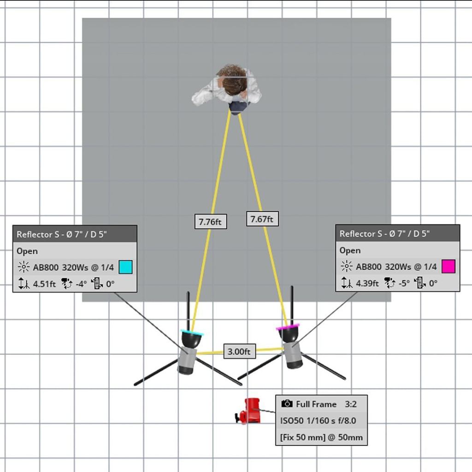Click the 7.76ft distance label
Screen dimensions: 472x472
coord(210,222)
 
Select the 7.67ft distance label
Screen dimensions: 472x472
coord(262,219)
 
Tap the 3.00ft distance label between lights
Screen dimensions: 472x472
coord(240,352)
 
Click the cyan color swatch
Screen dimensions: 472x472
coord(125,267)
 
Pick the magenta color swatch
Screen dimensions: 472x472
coord(448,266)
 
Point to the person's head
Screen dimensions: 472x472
coord(233,80)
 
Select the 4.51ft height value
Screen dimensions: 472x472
coord(44,284)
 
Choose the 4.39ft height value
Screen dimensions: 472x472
coord(367,283)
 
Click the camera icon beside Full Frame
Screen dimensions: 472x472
coord(287,404)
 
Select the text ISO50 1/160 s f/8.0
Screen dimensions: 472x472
coord(318,420)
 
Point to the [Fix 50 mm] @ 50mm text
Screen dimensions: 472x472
coord(321,437)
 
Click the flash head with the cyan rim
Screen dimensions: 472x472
coord(191,339)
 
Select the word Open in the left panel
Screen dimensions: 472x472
coord(27,251)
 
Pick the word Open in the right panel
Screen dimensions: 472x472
coord(350,250)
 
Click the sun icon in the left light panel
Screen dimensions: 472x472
coord(24,267)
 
